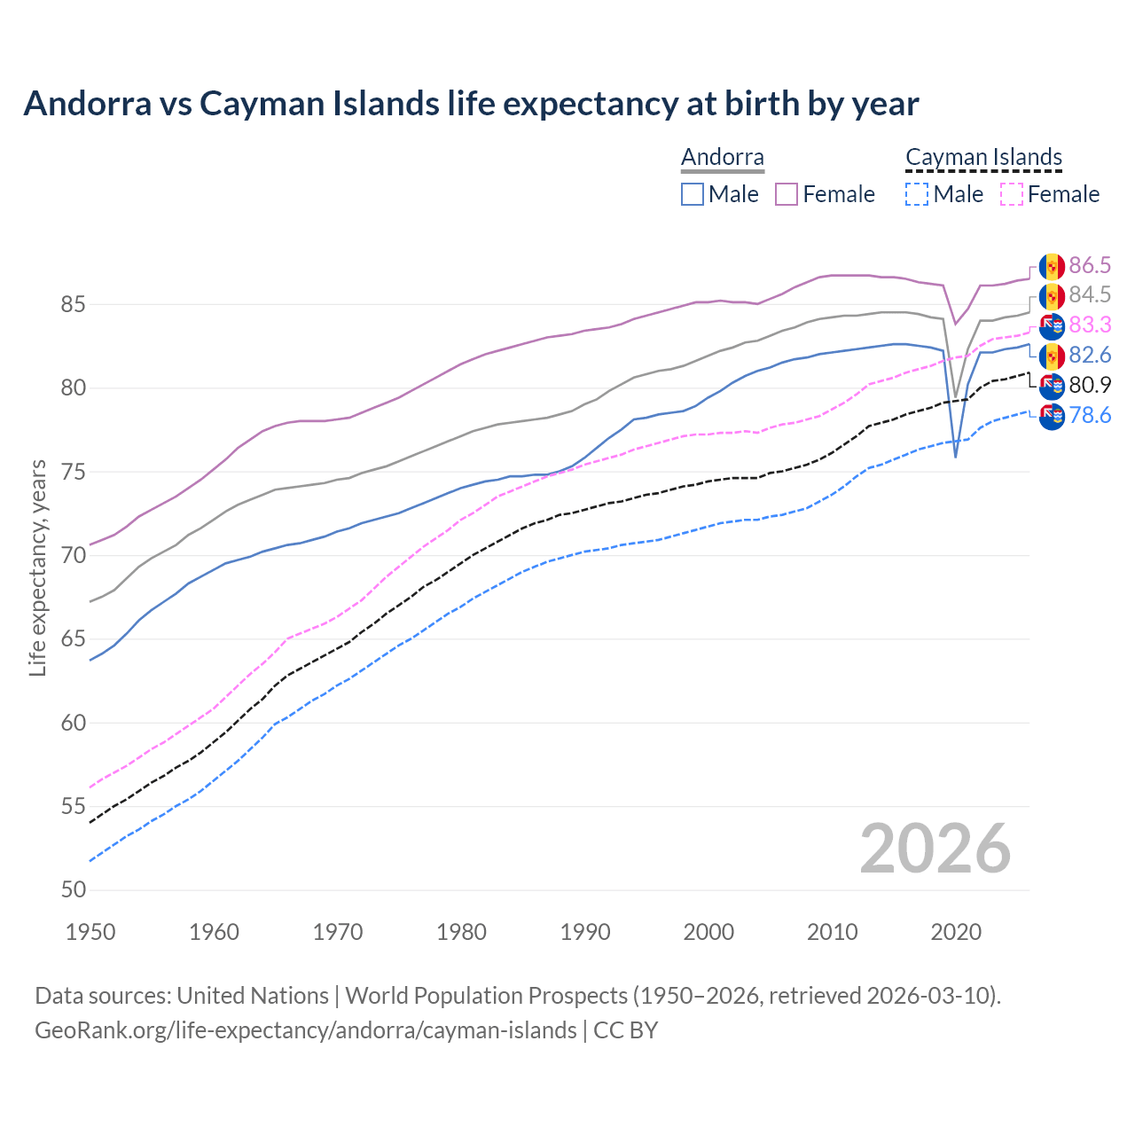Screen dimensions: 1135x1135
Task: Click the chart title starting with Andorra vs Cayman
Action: click(471, 104)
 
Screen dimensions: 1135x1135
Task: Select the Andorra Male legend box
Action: click(693, 194)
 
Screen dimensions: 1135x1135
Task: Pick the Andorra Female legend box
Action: click(787, 194)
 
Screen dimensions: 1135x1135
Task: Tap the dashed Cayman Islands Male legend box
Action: click(917, 194)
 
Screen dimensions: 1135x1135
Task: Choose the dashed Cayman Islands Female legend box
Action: click(1011, 194)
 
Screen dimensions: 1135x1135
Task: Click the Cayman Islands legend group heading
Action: click(983, 158)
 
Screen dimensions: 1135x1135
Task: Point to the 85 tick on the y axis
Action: click(73, 305)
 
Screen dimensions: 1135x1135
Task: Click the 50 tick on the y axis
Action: click(73, 890)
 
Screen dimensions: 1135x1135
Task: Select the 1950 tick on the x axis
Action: click(90, 932)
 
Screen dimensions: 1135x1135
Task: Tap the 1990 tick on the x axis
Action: click(585, 932)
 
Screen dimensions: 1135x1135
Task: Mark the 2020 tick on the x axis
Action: click(956, 932)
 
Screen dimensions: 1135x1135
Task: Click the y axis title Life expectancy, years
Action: click(38, 567)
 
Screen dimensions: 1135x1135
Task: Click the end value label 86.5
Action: click(1090, 265)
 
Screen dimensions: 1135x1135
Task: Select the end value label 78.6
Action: click(1090, 415)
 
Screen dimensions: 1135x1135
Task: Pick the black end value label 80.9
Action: click(1090, 385)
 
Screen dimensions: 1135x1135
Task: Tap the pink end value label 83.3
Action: click(1090, 325)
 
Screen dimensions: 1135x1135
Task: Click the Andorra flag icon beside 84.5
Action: click(1052, 295)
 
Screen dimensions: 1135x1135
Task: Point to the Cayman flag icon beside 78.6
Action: click(1052, 416)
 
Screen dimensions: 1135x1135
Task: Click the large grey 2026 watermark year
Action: click(935, 849)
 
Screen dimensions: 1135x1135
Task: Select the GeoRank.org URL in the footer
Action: click(305, 1030)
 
